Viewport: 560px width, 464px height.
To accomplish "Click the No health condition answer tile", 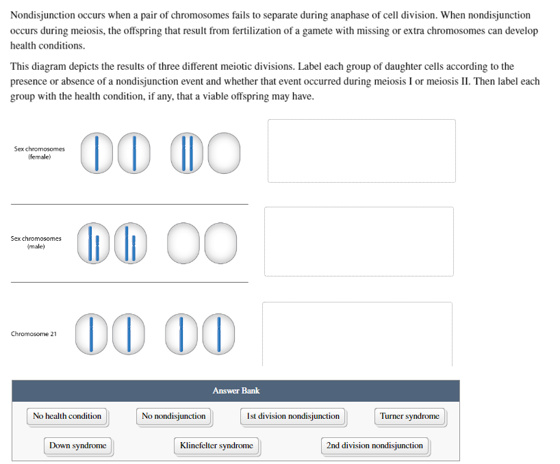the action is (67, 417).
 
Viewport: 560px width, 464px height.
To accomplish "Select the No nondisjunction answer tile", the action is (174, 417).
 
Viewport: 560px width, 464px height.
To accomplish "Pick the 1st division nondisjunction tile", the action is (293, 417).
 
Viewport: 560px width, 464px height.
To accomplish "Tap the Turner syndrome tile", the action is (410, 417).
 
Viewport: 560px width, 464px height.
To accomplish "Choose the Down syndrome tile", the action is (78, 446).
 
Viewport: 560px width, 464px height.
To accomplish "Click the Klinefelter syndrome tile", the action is (217, 446).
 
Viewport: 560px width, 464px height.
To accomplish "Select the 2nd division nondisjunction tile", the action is (375, 446).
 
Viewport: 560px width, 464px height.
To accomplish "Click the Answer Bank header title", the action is (236, 391).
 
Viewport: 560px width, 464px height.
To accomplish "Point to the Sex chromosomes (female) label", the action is (39, 153).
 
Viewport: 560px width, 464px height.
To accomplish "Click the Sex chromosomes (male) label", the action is (36, 242).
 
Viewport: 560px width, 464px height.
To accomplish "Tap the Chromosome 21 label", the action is (34, 334).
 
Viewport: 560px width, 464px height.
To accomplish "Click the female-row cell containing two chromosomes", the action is (187, 153).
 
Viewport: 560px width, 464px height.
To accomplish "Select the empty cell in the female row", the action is (224, 153).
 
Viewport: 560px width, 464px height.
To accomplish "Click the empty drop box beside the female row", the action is (361, 151).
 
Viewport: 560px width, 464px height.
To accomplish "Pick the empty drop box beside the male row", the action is (359, 242).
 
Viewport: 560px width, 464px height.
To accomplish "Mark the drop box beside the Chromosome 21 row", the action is (357, 334).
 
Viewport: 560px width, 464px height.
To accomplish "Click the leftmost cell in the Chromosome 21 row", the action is (91, 334).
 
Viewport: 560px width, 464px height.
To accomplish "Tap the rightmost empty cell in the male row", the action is (220, 244).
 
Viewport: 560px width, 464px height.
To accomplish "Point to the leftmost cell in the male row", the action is (93, 244).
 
